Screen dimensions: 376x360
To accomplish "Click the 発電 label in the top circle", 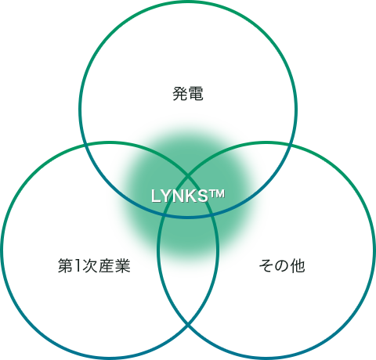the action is [188, 94].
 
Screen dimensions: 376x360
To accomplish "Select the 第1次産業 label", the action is [94, 266].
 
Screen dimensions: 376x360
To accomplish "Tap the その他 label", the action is [282, 266].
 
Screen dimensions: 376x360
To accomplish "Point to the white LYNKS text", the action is [179, 196].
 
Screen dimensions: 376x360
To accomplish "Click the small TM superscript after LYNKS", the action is [216, 194].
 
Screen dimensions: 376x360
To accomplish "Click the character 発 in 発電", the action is [180, 94].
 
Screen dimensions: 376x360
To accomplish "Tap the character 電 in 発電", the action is [196, 94].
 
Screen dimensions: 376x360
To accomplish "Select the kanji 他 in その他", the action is [298, 266].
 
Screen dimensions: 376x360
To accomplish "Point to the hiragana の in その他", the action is [282, 266].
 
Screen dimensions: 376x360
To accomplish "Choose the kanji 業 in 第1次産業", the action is [123, 266].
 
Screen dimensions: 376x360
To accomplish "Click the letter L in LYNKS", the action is [155, 196].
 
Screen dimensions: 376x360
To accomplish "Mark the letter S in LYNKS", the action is [203, 196].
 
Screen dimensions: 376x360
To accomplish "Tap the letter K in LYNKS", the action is [191, 196].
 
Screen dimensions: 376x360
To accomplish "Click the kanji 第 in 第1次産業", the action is [65, 266].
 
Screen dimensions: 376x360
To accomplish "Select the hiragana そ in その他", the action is [266, 266].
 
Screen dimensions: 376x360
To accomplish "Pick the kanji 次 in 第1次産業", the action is [90, 266].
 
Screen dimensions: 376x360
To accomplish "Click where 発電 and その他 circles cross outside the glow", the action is [289, 146].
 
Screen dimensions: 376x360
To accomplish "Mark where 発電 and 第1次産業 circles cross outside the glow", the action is [86, 146].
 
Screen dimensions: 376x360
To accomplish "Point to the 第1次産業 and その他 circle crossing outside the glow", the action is [188, 325].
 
